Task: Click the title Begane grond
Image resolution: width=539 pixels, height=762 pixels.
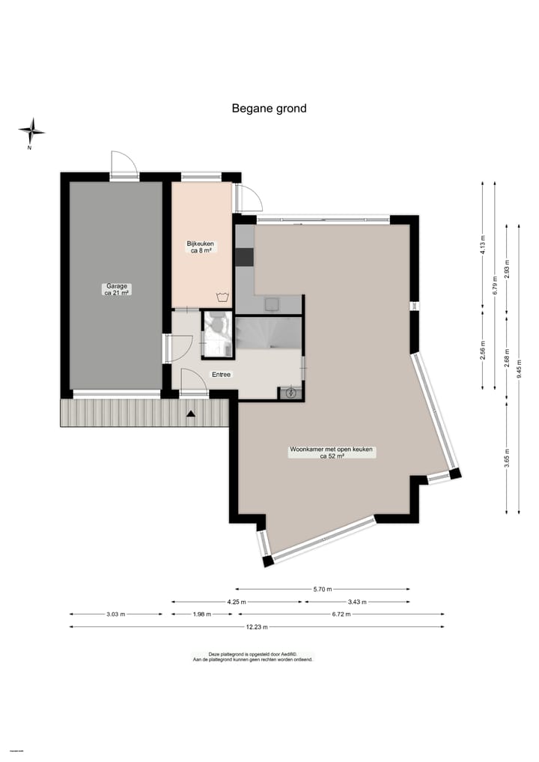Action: coord(269,108)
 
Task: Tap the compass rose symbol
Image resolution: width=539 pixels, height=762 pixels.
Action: coord(31,132)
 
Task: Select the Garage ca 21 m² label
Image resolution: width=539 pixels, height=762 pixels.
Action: coord(115,289)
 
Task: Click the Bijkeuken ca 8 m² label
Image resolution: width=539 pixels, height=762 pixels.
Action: coord(201,247)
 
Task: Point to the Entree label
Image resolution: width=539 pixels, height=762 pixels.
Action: coord(221,374)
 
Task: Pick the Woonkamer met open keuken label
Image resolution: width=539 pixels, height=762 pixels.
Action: coord(332,453)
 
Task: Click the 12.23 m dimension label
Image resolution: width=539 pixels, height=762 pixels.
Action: coord(257,627)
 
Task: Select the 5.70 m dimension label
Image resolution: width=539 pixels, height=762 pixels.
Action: coord(323,589)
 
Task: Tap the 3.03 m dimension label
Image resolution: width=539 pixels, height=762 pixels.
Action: coord(116,614)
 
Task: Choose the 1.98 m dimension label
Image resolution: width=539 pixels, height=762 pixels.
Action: coord(202,614)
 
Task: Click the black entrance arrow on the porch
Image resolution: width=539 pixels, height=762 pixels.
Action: coord(191,413)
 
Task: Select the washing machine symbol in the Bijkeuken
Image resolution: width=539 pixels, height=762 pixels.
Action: coord(221,297)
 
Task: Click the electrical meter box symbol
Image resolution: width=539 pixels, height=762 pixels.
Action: coord(290,392)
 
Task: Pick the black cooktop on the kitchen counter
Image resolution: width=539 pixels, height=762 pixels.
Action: coord(245,257)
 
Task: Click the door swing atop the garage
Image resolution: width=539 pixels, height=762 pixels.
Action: coord(123,165)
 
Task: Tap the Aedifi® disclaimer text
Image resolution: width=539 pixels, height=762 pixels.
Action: coord(252,656)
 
